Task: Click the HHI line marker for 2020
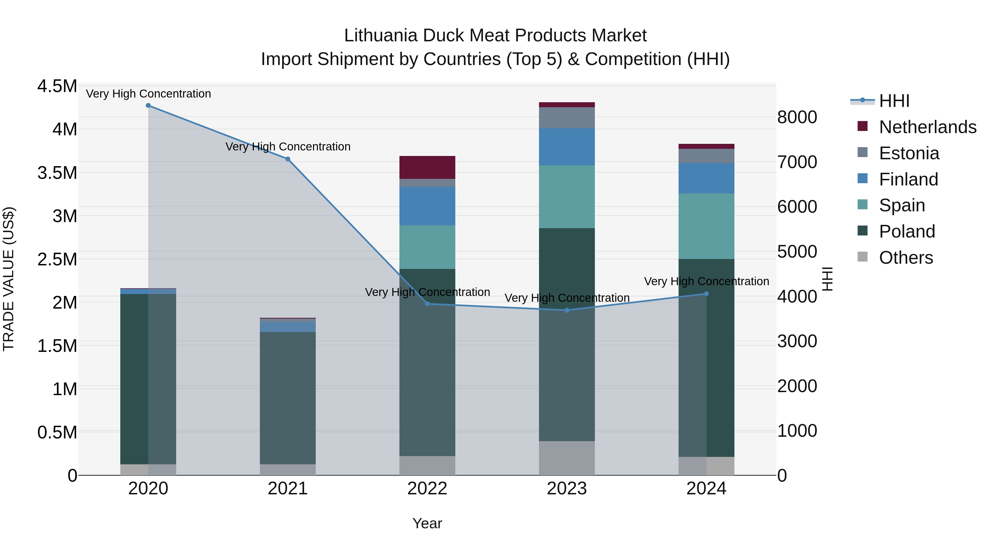tap(148, 106)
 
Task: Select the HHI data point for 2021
tap(288, 159)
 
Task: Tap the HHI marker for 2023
tap(567, 310)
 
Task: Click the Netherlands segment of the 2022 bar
tap(427, 167)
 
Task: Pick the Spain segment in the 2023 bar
tap(567, 196)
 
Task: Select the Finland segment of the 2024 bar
tap(706, 178)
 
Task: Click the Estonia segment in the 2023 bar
tap(567, 117)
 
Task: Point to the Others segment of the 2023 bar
tap(567, 458)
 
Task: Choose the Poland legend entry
tap(906, 231)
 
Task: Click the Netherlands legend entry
tap(927, 127)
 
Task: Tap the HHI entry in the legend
tap(894, 101)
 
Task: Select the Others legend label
tap(906, 258)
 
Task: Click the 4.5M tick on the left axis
tap(57, 86)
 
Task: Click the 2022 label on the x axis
tap(427, 489)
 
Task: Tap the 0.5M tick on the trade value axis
tap(57, 432)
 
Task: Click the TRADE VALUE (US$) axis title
tap(9, 279)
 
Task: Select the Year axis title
tap(427, 523)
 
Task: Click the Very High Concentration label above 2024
tap(706, 282)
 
